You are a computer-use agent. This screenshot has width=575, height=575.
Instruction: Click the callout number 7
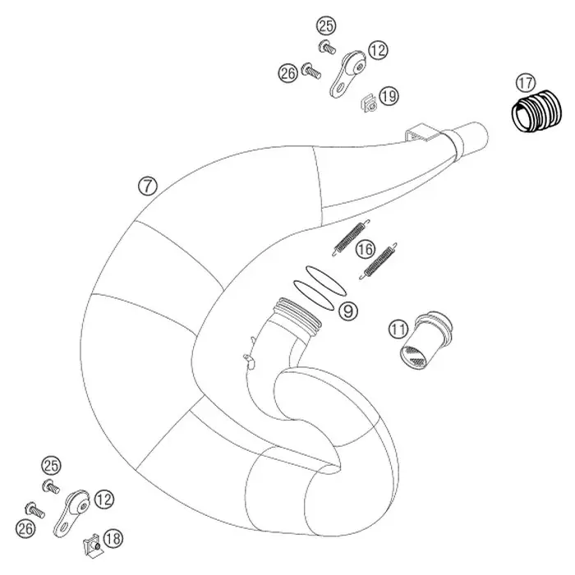(x=147, y=186)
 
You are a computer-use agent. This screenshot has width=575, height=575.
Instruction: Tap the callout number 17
(x=526, y=83)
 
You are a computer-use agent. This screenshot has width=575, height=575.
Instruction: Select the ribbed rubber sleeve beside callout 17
(x=536, y=110)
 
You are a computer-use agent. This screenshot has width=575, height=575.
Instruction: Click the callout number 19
(x=389, y=96)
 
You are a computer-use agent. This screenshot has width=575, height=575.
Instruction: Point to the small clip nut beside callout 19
(x=368, y=103)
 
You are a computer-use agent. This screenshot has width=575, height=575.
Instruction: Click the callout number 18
(x=113, y=539)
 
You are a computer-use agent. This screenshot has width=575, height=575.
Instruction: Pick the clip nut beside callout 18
(x=92, y=545)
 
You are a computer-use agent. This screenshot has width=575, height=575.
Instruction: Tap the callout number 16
(x=366, y=250)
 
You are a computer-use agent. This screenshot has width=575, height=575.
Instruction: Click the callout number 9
(x=347, y=311)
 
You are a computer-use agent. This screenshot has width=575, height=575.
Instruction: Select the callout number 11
(x=398, y=329)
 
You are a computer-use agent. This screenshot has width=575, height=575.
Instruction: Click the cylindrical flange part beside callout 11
(x=425, y=339)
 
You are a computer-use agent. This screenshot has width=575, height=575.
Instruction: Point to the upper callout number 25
(x=326, y=26)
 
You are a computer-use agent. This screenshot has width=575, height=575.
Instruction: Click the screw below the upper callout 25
(x=327, y=48)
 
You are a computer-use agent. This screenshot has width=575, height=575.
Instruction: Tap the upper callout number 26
(x=287, y=73)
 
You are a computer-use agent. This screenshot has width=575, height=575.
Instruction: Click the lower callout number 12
(x=104, y=499)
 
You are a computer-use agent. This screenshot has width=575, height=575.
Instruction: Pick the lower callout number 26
(x=25, y=528)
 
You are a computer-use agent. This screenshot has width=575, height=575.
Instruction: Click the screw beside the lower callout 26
(x=34, y=509)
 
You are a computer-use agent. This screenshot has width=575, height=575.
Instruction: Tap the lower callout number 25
(x=51, y=466)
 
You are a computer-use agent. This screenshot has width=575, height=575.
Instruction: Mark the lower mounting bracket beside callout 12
(x=71, y=513)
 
